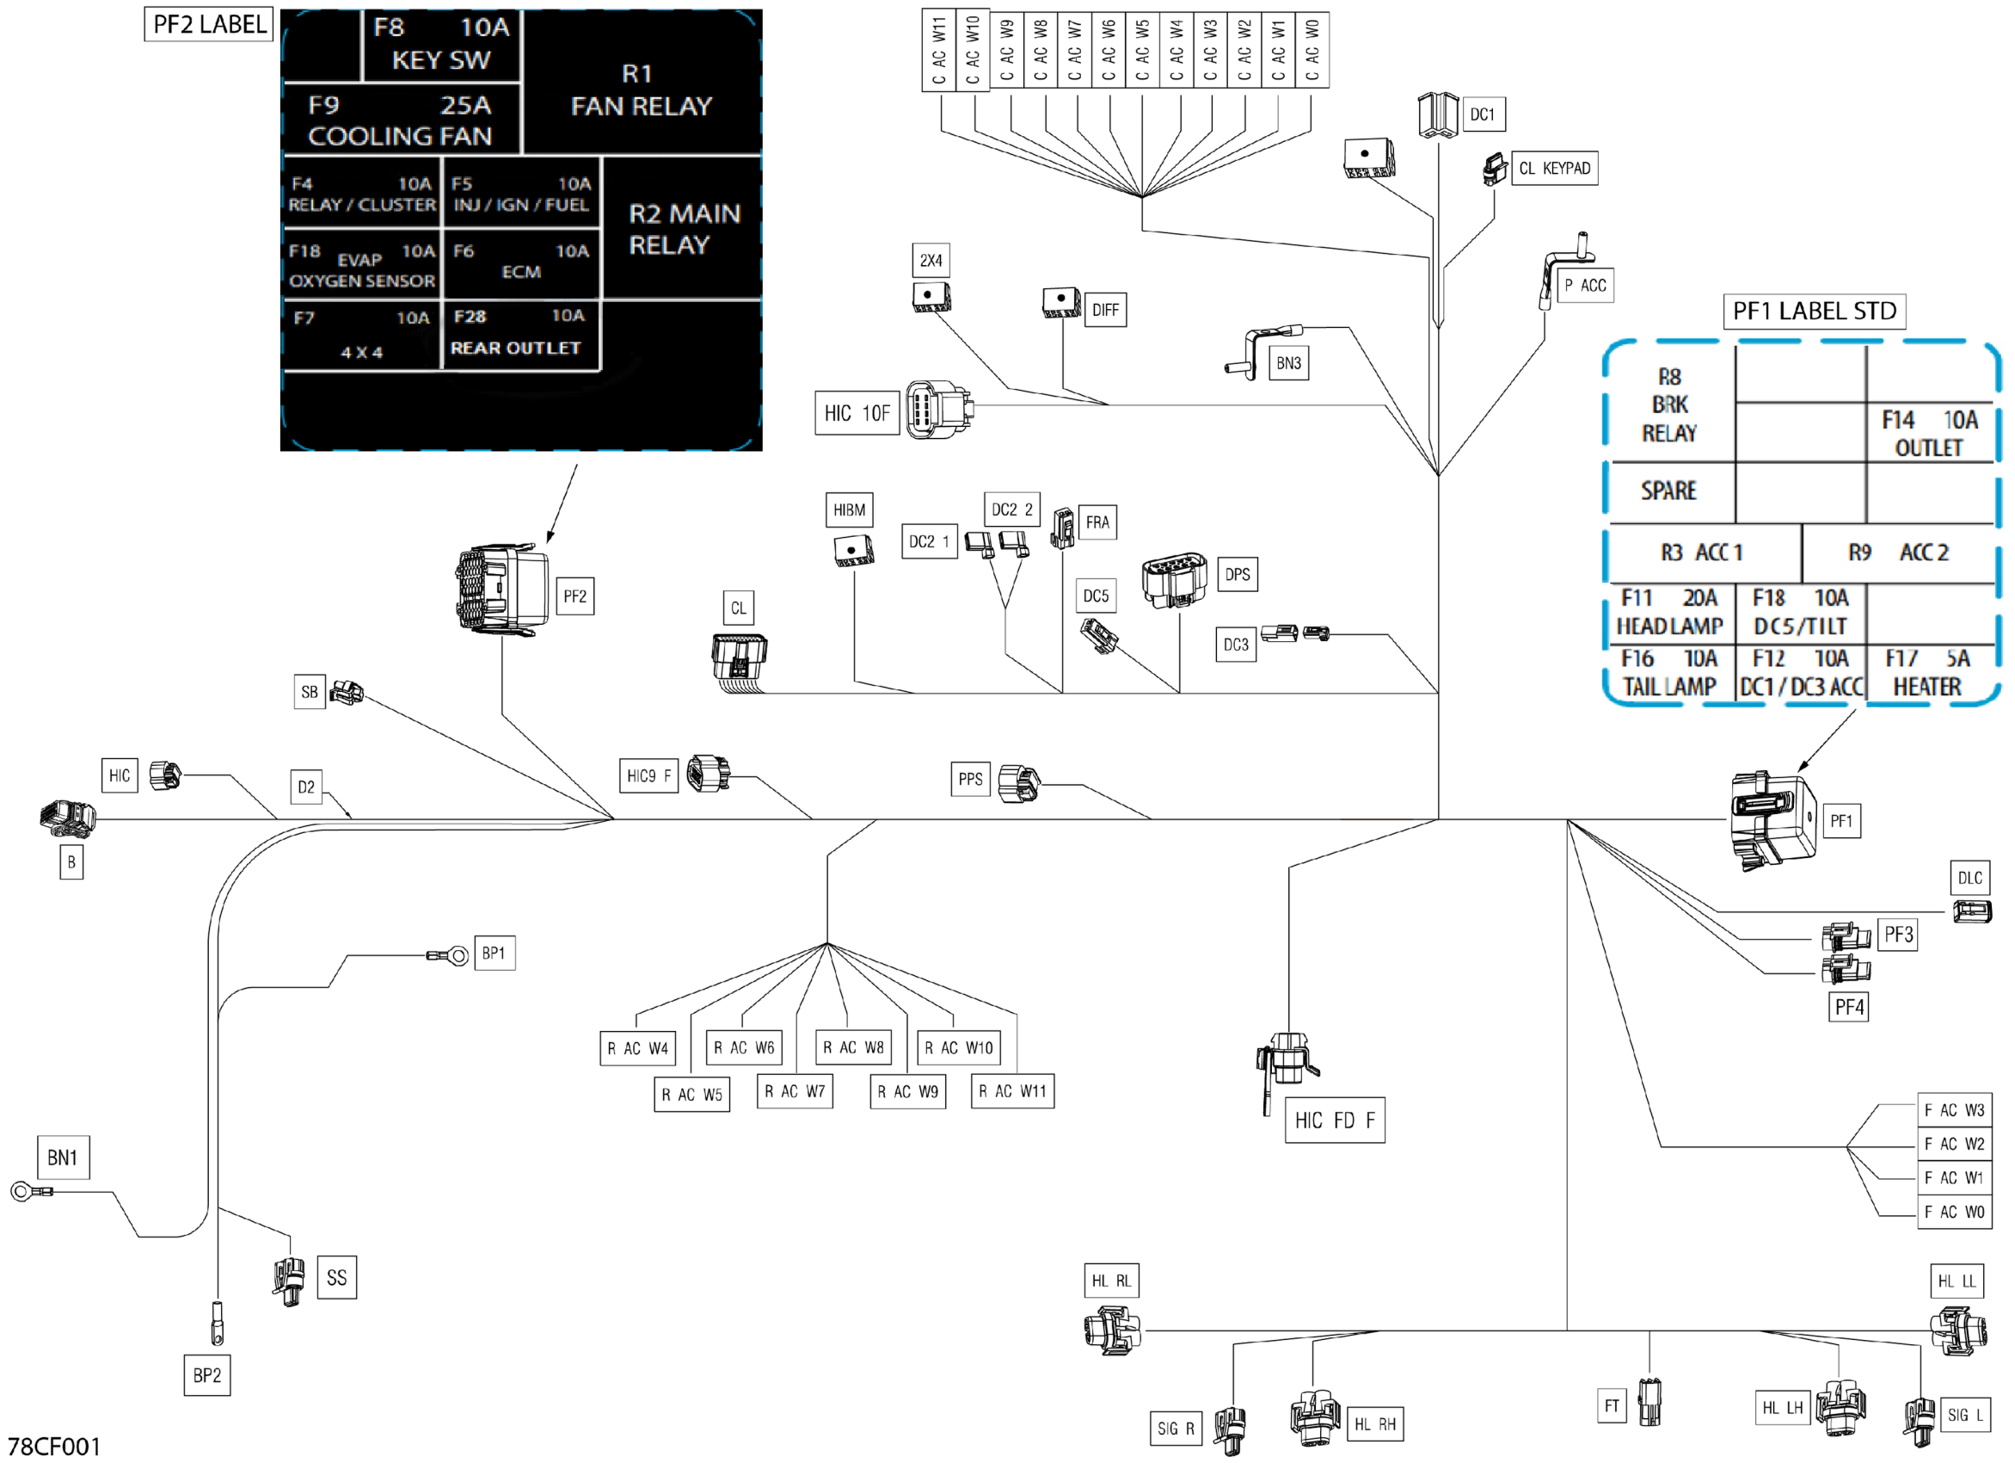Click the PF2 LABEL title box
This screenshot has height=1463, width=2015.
209,24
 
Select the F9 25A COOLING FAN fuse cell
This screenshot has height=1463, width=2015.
402,120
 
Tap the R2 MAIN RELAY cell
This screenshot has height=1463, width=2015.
682,228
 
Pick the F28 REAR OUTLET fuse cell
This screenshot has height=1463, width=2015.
520,334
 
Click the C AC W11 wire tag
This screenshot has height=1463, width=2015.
938,51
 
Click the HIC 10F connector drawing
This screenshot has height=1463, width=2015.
939,410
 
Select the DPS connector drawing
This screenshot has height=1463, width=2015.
1174,579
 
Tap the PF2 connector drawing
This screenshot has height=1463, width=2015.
502,589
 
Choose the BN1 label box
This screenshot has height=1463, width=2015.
63,1157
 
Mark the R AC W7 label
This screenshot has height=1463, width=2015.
796,1091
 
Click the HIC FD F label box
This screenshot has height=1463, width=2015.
1335,1120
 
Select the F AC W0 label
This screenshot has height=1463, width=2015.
1955,1212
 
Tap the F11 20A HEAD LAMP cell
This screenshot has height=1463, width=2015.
1670,613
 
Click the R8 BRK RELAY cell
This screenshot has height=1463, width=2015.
1670,404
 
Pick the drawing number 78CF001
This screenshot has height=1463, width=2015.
54,1446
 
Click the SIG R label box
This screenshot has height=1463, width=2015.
1176,1429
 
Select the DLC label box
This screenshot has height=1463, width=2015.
1969,878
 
